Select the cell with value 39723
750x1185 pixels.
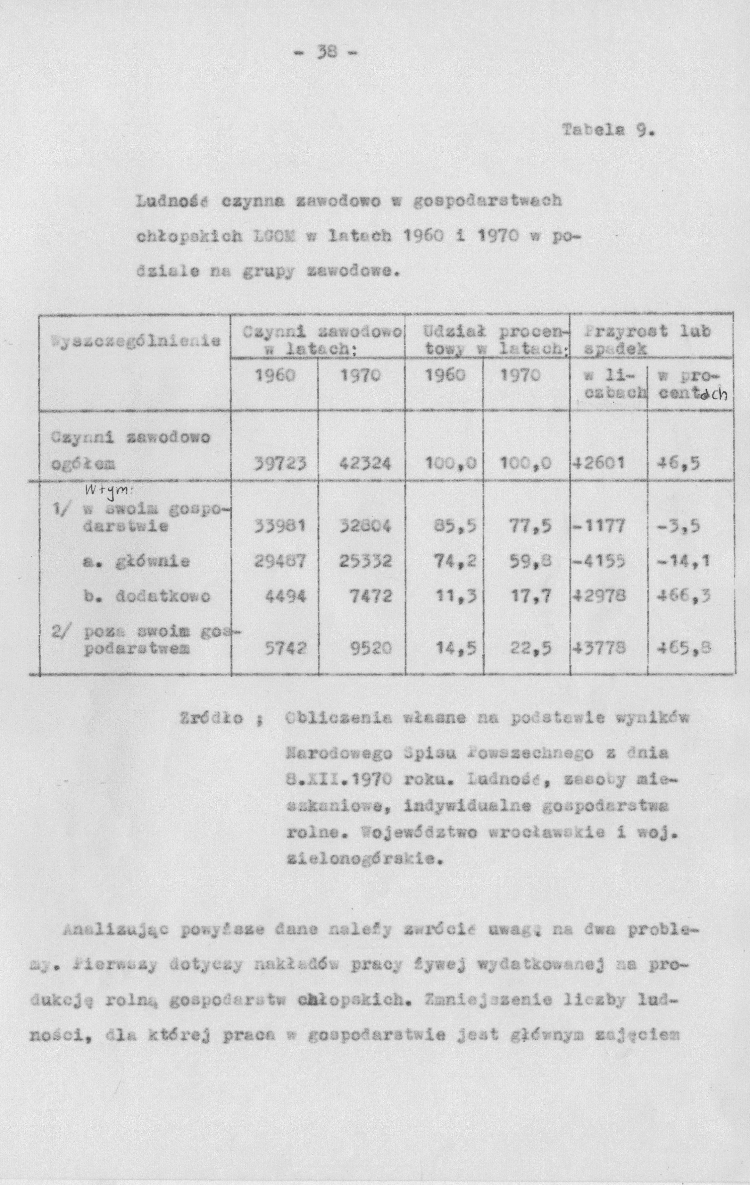click(x=279, y=463)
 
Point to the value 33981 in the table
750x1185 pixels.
click(x=279, y=527)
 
